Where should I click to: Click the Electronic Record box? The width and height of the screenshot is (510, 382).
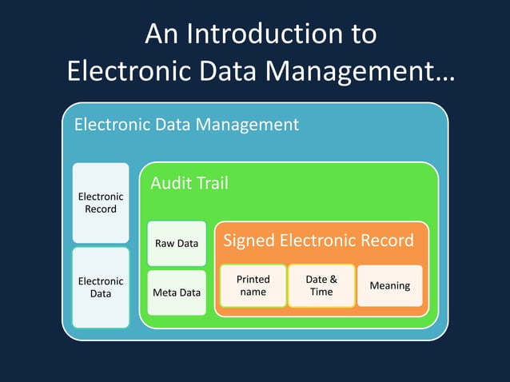coord(101,203)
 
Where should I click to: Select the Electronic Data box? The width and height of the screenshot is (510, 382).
coord(101,287)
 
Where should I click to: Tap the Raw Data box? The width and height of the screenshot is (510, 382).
coord(177,243)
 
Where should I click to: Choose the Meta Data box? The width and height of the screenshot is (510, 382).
coord(177,292)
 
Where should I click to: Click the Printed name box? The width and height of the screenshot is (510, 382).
coord(253,285)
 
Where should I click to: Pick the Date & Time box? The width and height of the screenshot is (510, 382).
coord(321,285)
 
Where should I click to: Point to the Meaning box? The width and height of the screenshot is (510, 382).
coord(389,285)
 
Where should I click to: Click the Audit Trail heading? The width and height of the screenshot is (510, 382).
coord(189,184)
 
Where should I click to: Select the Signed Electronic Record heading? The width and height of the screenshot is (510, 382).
coord(318,241)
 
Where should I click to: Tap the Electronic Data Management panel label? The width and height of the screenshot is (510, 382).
coord(186,125)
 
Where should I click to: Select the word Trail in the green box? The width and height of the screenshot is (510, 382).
coord(210,184)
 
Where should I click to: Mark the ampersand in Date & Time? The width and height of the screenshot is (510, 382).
coord(332,280)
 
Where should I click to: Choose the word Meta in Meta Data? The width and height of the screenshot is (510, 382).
coord(165,292)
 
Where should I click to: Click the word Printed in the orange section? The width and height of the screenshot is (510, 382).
coord(253,280)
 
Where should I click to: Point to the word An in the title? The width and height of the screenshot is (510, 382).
coord(162,34)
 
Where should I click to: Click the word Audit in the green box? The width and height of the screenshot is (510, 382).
coord(169,184)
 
